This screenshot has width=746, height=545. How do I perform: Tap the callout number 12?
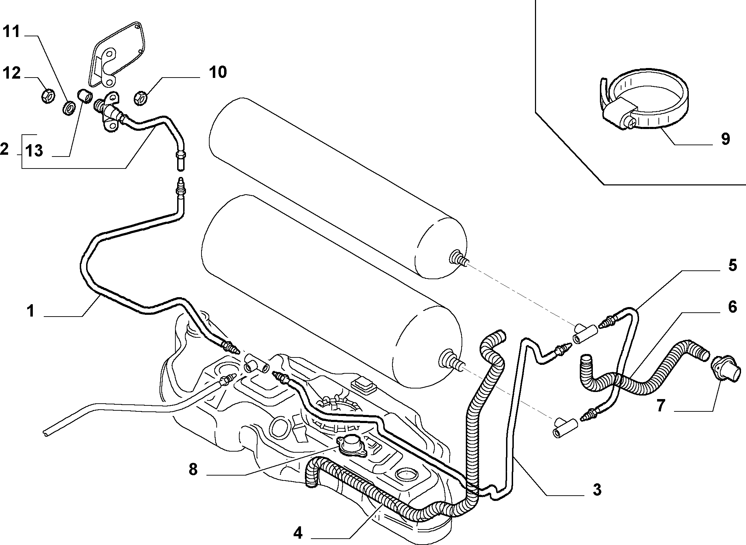12,73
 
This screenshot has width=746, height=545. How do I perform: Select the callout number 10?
217,72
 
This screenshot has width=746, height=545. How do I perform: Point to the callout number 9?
725,139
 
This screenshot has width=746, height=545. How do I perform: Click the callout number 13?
34,151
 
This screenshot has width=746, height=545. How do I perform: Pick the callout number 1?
31,311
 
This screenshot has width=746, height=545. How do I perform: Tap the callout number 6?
732,307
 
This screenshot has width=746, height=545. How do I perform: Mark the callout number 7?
661,406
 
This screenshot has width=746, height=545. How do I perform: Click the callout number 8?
193,470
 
